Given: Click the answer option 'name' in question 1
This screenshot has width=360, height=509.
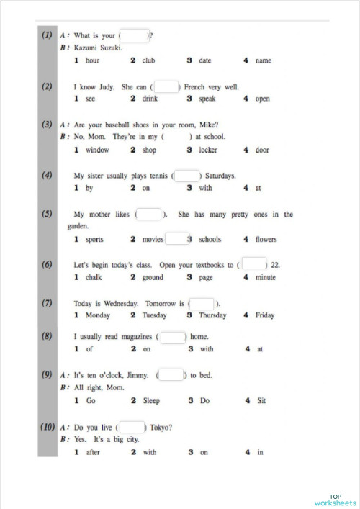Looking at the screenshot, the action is [263, 60].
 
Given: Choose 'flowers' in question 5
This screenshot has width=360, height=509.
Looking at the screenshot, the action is [266, 239].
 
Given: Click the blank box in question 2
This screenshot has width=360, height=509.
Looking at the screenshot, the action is [166, 86].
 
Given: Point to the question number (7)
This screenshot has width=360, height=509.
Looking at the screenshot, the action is [48, 302].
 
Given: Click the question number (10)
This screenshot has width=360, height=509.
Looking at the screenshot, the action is [48, 426].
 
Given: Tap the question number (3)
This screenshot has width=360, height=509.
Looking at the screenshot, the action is [48, 124].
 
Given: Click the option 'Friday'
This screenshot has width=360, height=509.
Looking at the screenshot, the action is [264, 315].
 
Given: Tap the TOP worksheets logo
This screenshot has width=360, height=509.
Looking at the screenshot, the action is [335, 500].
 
